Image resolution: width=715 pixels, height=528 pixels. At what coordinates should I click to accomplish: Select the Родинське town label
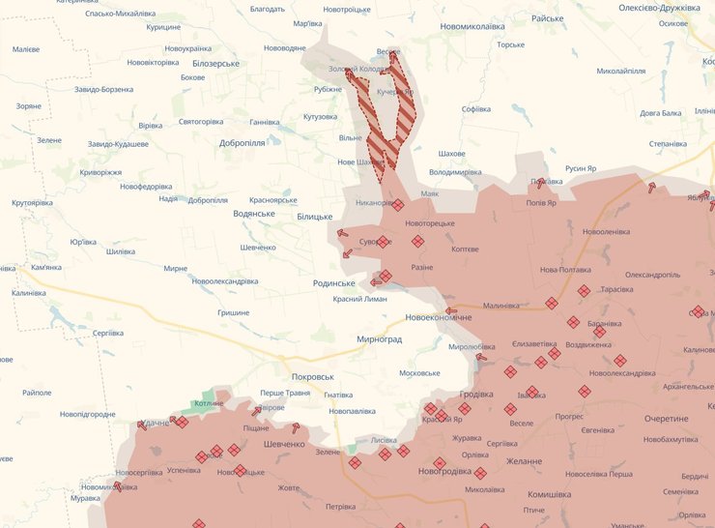coord(334,283)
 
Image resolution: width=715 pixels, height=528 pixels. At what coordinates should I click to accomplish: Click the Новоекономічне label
coord(439,318)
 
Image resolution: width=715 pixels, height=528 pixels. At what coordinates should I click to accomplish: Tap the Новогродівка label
coord(444,472)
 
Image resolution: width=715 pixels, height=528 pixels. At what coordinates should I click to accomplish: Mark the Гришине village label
coord(233,312)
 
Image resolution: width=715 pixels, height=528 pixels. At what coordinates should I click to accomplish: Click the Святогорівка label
coord(201,122)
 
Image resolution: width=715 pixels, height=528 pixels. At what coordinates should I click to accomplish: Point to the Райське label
coord(547,18)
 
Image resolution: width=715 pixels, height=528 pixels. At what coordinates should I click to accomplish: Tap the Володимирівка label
coord(455,172)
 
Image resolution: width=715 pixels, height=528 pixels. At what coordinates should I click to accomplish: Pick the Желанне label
coord(522,461)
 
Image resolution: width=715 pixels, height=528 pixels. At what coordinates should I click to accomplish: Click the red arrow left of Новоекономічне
coord(451,310)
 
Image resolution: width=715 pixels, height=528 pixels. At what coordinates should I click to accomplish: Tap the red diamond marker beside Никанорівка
coord(398,204)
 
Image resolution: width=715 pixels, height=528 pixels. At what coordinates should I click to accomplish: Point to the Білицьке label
coord(314,218)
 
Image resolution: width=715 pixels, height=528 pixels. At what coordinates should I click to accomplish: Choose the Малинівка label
coord(501,306)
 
